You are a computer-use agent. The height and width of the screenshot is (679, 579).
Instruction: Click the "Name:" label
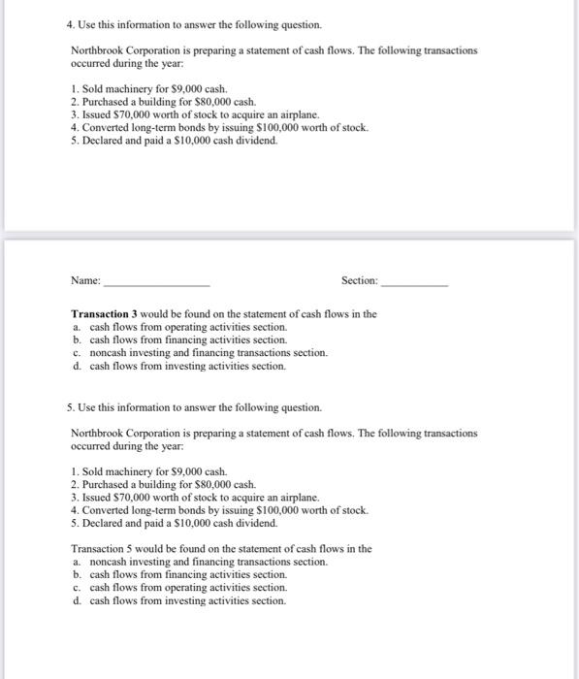pos(85,280)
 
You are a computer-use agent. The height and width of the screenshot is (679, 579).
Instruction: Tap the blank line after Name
pos(155,283)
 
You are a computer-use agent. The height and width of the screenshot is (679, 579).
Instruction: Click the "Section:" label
pos(360,280)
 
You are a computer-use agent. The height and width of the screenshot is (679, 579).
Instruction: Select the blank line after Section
pos(415,283)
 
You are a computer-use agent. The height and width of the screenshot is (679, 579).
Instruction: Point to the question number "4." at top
pos(59,22)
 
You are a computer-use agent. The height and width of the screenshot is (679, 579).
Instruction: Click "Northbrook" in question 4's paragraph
pos(98,49)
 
